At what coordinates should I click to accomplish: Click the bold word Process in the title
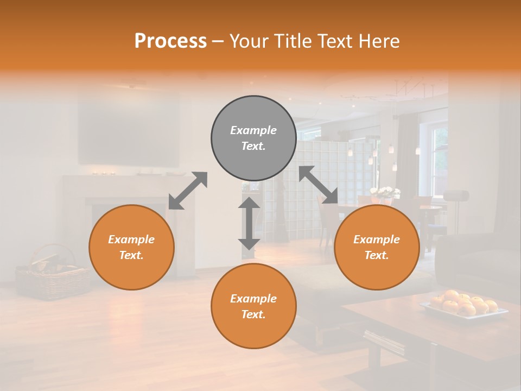(x=170, y=41)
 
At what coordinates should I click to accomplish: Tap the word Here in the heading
(x=378, y=41)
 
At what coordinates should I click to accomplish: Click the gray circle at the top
(x=253, y=138)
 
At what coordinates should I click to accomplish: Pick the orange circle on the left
(x=131, y=247)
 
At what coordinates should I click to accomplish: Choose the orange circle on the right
(x=377, y=247)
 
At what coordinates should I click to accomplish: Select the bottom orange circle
(x=253, y=306)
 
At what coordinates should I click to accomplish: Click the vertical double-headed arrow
(x=249, y=223)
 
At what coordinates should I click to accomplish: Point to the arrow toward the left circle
(x=188, y=191)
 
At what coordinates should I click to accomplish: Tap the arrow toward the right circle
(x=319, y=185)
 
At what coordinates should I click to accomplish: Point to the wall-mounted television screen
(x=128, y=134)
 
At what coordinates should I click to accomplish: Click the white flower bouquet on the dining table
(x=385, y=192)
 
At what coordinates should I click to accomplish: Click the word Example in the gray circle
(x=253, y=130)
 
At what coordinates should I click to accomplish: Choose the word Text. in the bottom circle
(x=253, y=314)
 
